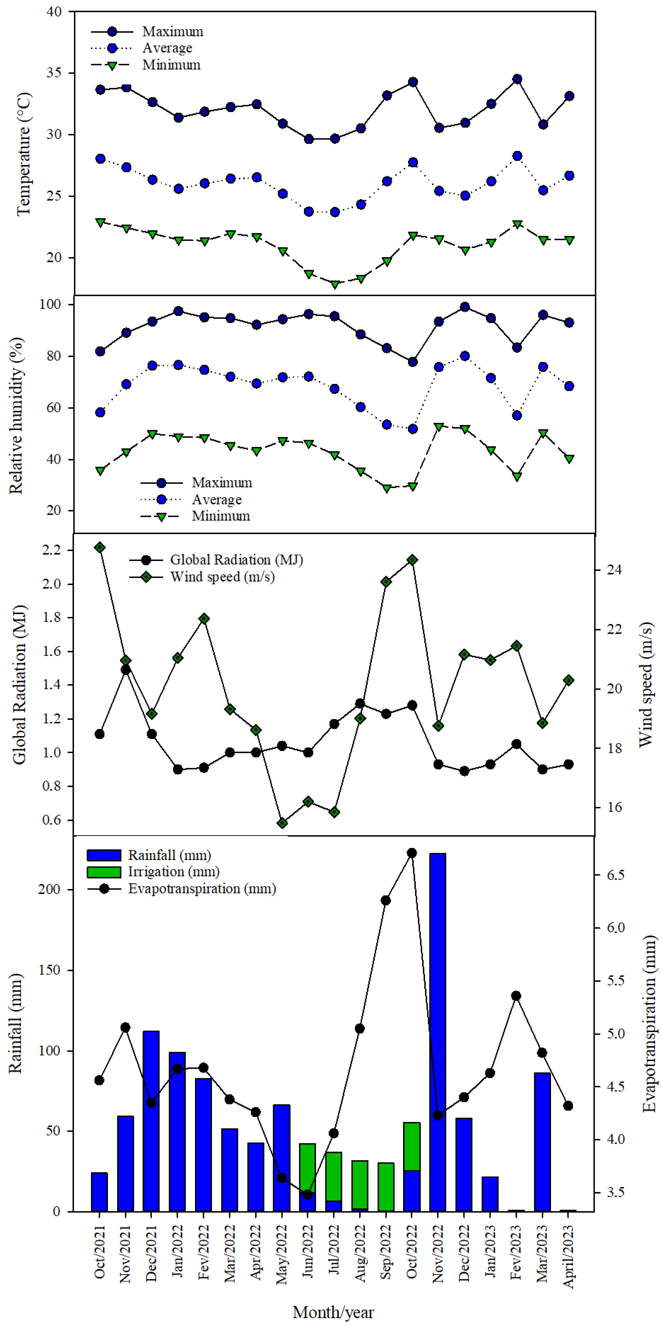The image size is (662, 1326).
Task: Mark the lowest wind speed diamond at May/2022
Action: (x=282, y=823)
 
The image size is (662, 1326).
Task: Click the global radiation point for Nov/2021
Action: (x=126, y=670)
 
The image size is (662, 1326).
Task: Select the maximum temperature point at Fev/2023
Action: (x=517, y=79)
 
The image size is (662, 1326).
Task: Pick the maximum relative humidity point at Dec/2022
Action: (x=464, y=307)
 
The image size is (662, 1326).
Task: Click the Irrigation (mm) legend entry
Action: (x=153, y=871)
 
